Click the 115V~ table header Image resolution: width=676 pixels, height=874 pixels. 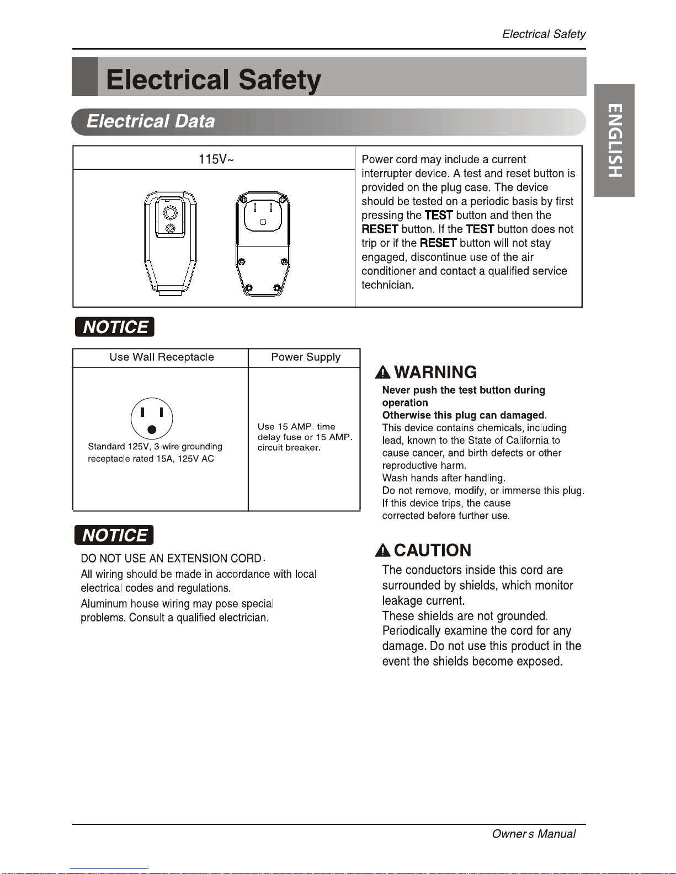coord(216,159)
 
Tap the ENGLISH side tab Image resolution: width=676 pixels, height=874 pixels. coord(614,141)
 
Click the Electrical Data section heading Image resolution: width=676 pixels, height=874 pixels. coord(151,121)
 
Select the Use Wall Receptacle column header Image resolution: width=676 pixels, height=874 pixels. coord(162,357)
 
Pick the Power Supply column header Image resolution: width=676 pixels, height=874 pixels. coord(306,357)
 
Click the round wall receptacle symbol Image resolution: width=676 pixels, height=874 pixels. coord(152,419)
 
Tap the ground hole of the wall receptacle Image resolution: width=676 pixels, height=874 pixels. coord(152,430)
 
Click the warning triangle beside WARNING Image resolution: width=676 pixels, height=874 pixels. coord(382,372)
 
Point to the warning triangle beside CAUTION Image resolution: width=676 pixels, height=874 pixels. coord(382,550)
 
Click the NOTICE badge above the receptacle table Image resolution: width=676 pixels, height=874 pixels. coord(115,326)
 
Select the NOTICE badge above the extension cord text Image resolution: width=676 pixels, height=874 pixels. coord(114,535)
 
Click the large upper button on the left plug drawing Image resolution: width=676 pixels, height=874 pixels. coord(169,212)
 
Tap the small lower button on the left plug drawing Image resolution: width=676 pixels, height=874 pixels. coord(170,228)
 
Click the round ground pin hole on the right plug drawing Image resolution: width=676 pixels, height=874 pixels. coord(263,222)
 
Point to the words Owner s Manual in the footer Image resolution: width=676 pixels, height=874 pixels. coord(534,834)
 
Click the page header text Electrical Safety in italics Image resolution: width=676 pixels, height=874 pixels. coord(544,34)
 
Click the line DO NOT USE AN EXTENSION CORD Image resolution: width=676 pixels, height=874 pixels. coord(171,558)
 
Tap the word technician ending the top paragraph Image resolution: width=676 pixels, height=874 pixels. coord(387,285)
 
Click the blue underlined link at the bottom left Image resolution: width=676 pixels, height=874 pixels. coord(109,869)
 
